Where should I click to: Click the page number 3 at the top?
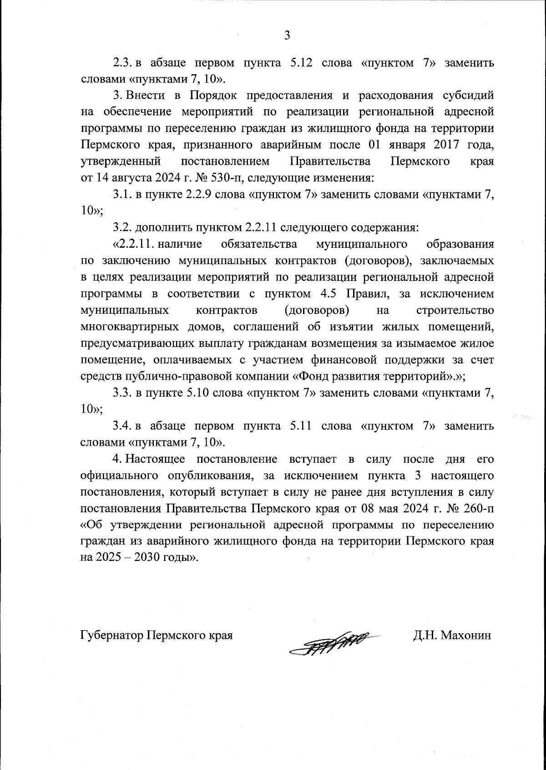[x=287, y=35]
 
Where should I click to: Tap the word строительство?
[x=455, y=311]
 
